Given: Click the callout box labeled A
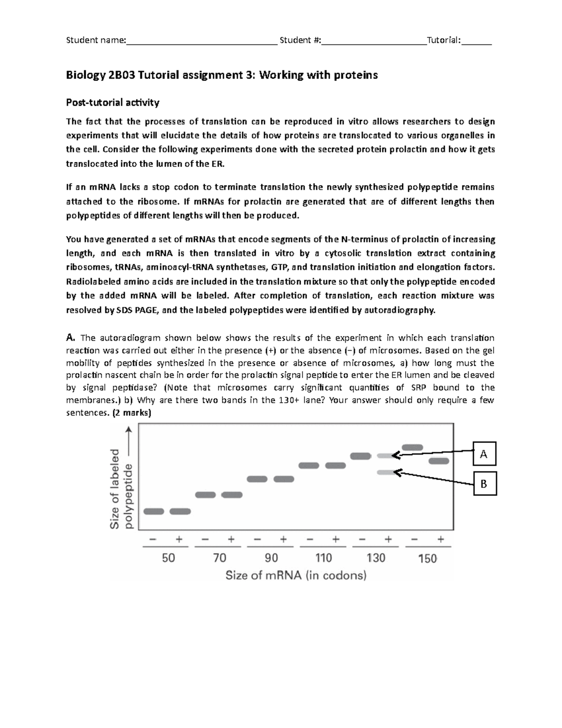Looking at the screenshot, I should click(484, 453).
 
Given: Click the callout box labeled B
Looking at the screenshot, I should click(484, 483).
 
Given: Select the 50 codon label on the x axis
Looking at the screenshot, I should click(168, 558).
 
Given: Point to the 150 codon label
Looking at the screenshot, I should click(427, 558).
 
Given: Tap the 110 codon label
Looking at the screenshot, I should click(324, 558).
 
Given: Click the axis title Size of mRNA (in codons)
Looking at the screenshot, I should click(296, 575).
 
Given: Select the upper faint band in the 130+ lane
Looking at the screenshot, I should click(385, 456).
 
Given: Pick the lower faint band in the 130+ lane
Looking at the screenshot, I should click(385, 473).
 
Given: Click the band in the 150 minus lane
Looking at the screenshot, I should click(412, 448).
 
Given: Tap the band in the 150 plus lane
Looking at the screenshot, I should click(439, 461).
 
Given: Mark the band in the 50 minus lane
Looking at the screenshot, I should click(154, 511).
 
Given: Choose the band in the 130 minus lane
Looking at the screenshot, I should click(361, 456).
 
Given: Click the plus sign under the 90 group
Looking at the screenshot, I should click(283, 540).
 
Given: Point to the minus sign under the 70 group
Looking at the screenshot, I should click(205, 540).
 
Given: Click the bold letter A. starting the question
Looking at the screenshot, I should click(71, 338).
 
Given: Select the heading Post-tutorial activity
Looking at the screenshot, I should click(112, 102).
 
